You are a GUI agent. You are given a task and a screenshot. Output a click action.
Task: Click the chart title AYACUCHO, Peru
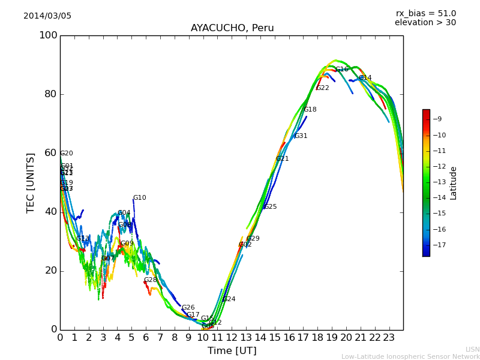click(232, 28)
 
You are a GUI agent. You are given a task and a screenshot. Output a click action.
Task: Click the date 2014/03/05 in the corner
click(47, 16)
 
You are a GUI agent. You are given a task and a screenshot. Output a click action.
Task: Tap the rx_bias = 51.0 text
click(425, 13)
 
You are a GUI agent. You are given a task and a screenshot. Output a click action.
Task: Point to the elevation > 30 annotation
click(425, 23)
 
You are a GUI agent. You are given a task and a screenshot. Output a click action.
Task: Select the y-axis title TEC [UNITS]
click(31, 182)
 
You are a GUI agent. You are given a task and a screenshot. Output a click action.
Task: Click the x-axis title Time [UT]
click(232, 351)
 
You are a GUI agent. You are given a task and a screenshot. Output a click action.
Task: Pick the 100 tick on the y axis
click(48, 35)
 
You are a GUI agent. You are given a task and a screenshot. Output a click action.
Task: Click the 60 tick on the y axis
click(51, 153)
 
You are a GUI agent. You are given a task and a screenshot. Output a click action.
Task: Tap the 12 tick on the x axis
click(232, 338)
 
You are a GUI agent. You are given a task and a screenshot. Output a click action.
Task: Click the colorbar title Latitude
click(454, 182)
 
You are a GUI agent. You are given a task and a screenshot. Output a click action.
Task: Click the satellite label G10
click(139, 198)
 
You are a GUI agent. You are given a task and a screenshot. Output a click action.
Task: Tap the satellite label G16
click(341, 70)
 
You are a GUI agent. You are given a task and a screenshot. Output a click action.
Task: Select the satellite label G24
click(229, 299)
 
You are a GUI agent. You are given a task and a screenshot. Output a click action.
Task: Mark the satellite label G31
click(301, 136)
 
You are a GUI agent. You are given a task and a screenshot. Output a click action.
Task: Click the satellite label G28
click(150, 280)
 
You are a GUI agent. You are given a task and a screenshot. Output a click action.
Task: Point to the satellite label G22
click(322, 88)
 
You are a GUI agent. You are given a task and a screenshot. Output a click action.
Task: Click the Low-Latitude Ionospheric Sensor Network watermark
click(410, 356)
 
